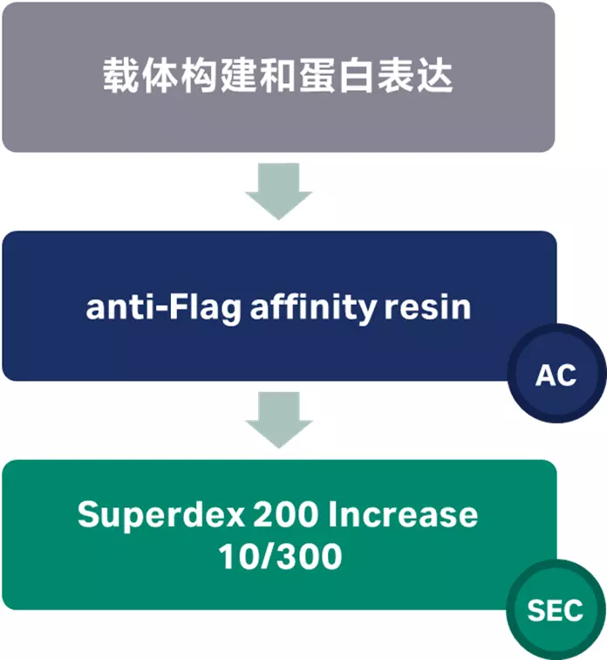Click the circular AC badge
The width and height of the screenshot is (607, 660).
[x=556, y=375]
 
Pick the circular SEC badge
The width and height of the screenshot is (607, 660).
[x=555, y=609]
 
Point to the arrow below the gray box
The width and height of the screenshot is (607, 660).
[x=278, y=189]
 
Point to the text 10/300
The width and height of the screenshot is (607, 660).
[x=278, y=556]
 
